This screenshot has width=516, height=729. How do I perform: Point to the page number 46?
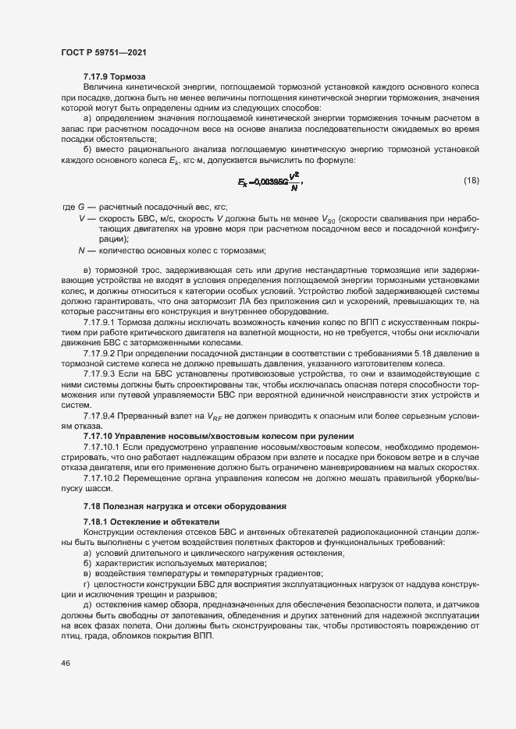[65, 663]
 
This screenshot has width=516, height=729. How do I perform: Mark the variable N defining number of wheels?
[81, 250]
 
